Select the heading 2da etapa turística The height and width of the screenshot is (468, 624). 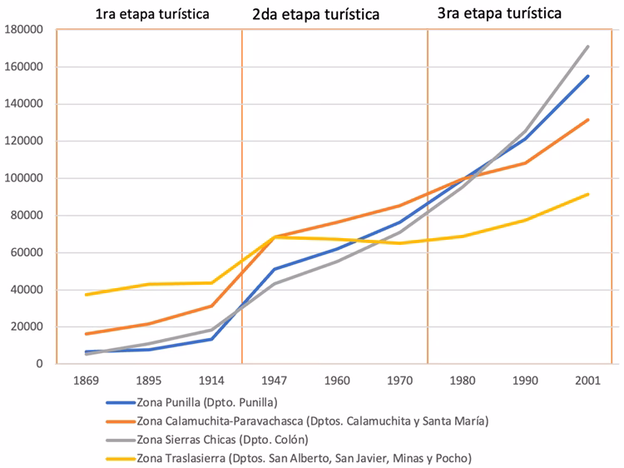click(x=315, y=14)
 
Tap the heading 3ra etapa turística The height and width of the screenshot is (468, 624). click(x=499, y=13)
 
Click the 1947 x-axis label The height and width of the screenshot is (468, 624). click(x=274, y=381)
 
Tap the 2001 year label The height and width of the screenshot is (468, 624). click(x=587, y=381)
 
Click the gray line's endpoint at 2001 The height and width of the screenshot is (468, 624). click(x=588, y=47)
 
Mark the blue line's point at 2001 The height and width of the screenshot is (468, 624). click(x=588, y=76)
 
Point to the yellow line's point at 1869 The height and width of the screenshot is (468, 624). click(x=87, y=295)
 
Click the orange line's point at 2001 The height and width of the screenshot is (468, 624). click(x=588, y=120)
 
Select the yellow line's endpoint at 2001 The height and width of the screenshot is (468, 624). click(x=588, y=194)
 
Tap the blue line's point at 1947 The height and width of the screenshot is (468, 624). click(x=274, y=269)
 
